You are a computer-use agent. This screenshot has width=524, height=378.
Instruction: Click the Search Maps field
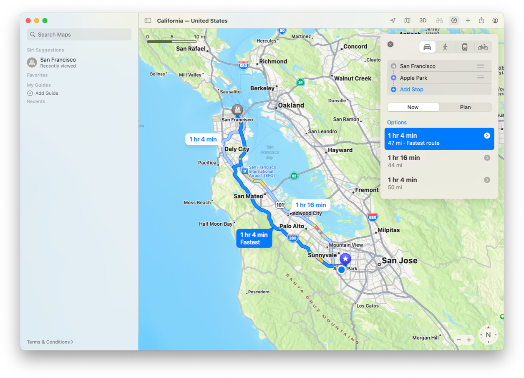(79, 35)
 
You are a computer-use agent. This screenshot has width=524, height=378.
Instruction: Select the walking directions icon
(445, 47)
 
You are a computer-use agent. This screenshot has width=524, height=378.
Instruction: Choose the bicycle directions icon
(483, 47)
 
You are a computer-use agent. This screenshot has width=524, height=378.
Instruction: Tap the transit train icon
(464, 47)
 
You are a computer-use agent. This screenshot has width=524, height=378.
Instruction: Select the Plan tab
(465, 107)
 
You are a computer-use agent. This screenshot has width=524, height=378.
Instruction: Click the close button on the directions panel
(390, 44)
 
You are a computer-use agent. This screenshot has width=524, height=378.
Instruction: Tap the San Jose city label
(399, 261)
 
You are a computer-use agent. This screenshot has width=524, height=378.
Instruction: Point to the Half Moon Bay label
(216, 224)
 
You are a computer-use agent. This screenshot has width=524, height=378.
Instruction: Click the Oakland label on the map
(291, 105)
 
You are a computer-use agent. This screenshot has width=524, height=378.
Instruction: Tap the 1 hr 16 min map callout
(311, 205)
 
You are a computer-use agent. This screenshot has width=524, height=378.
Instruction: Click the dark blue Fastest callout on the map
(254, 238)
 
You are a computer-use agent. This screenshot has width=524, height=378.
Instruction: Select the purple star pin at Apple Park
(345, 259)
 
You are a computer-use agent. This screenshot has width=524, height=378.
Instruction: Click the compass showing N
(488, 335)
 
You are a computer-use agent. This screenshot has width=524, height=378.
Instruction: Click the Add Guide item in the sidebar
(46, 93)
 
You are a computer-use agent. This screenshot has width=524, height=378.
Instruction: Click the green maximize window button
(45, 20)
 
